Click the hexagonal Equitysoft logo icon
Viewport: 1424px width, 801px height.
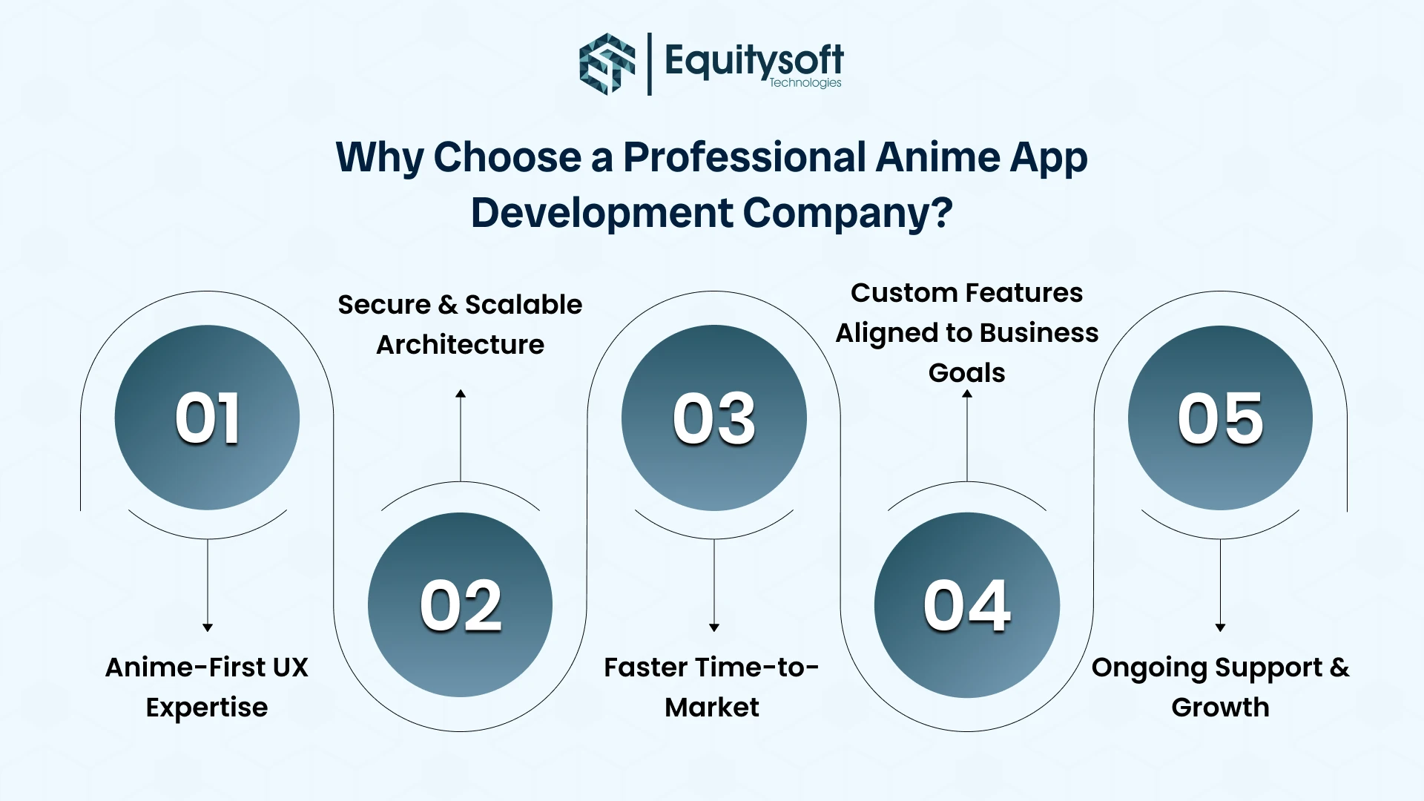tap(607, 64)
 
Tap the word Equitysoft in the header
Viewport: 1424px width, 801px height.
tap(754, 59)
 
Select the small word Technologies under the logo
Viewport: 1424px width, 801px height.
tap(805, 83)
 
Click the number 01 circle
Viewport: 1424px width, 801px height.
tap(207, 418)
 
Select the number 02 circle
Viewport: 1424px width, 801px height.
tap(460, 604)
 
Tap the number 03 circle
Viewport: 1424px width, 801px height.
tap(713, 418)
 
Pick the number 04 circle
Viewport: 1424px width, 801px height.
tap(966, 604)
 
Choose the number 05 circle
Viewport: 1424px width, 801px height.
tap(1220, 418)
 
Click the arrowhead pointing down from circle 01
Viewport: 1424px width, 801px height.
tap(208, 627)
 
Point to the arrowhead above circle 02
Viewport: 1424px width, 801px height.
tap(461, 394)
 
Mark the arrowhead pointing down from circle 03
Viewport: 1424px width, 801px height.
tap(714, 627)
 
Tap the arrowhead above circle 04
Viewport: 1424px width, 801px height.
tap(967, 394)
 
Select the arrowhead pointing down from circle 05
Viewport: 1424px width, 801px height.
tap(1220, 627)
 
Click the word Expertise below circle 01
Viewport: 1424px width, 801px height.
tap(207, 708)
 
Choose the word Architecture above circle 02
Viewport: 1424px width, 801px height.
tap(460, 345)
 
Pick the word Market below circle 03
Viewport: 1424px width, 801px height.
tap(712, 708)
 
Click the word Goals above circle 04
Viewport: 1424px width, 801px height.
tap(966, 373)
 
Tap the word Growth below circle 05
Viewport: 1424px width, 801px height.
tap(1220, 708)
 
